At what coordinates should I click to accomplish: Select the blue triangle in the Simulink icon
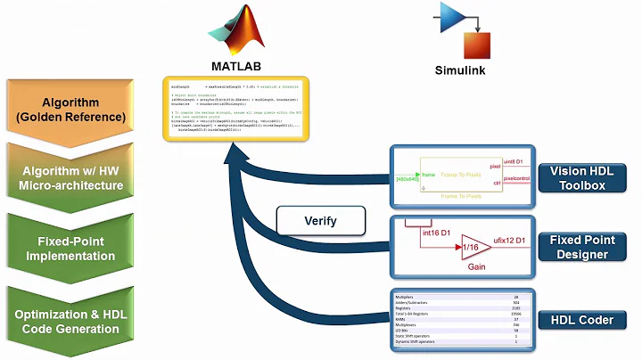pyautogui.click(x=454, y=16)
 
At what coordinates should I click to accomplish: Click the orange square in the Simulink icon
pyautogui.click(x=476, y=44)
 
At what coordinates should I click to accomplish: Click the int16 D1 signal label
pyautogui.click(x=434, y=232)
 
